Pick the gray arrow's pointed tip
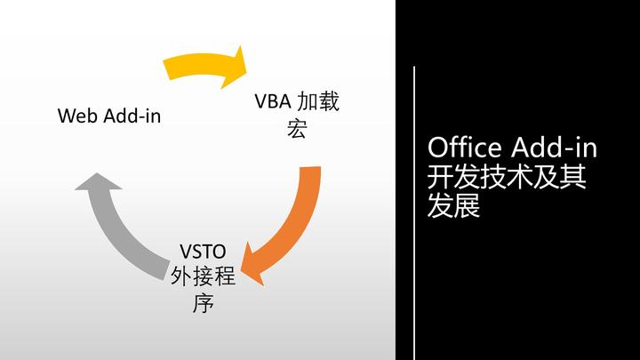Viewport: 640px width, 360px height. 97,173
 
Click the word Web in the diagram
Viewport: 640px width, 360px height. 78,116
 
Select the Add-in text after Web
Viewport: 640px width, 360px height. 132,116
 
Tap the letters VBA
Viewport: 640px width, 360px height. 273,101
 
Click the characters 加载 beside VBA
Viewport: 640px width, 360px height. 318,101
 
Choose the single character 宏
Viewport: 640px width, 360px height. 297,129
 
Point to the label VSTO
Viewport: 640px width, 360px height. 203,252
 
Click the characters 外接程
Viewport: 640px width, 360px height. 203,276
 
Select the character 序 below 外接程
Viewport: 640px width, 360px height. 203,303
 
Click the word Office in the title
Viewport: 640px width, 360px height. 465,147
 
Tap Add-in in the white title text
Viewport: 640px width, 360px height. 554,147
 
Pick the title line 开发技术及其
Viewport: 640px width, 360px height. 507,176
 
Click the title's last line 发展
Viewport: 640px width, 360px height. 453,205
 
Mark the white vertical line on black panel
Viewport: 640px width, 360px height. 414,213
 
